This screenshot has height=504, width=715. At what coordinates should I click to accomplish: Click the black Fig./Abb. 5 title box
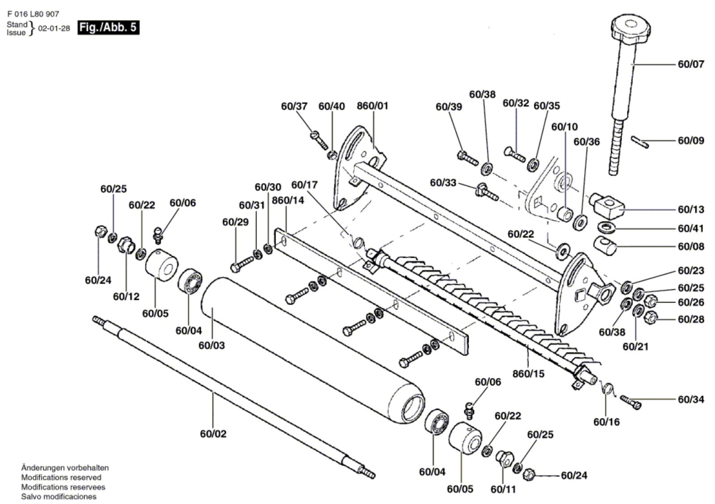109,27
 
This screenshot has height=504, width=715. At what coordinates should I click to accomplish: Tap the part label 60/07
691,64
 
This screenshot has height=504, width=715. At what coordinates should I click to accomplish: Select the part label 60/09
691,141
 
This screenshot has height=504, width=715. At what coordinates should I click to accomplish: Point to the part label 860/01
373,106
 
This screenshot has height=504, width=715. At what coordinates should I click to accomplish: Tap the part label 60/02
213,434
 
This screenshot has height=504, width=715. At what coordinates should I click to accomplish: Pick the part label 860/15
528,374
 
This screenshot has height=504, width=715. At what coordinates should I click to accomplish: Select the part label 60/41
691,229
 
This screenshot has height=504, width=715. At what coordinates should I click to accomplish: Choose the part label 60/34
691,400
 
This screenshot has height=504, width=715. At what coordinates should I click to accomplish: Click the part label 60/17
304,185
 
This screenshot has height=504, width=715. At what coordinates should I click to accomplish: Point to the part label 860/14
288,200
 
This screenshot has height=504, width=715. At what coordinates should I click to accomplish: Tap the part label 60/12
126,297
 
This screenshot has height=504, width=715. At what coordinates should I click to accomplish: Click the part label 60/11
503,489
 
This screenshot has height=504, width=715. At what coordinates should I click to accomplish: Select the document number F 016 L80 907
33,14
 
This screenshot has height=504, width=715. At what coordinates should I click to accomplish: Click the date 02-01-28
54,29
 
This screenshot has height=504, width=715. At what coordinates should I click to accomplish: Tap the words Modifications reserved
61,478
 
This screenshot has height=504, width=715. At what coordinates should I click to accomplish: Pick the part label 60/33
443,183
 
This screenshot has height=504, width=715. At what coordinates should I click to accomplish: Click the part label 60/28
691,320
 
